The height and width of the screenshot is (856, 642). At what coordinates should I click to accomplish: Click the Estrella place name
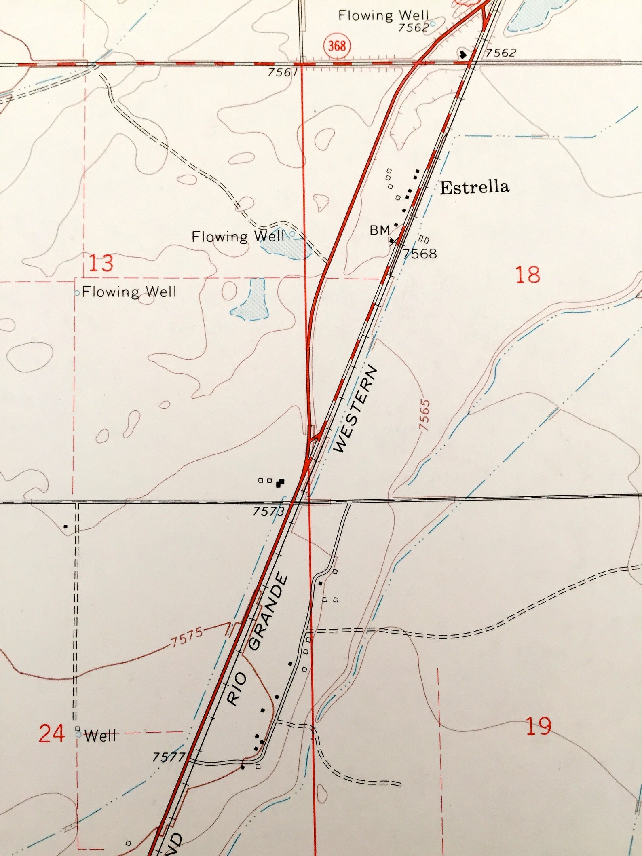474,188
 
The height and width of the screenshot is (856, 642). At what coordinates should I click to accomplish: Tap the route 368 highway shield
337,46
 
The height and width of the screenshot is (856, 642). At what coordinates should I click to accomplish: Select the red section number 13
101,263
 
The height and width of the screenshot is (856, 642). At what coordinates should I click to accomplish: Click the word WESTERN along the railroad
356,409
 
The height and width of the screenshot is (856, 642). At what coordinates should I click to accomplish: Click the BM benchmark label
380,230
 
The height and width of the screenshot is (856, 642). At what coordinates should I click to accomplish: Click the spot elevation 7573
269,511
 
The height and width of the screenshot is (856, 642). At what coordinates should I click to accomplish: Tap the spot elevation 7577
169,757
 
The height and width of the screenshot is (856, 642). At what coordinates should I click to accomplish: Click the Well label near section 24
100,736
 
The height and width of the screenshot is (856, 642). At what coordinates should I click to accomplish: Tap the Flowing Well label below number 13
129,292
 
